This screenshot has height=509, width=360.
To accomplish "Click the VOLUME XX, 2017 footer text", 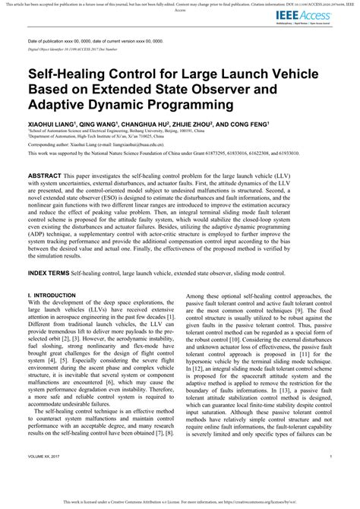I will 46,476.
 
